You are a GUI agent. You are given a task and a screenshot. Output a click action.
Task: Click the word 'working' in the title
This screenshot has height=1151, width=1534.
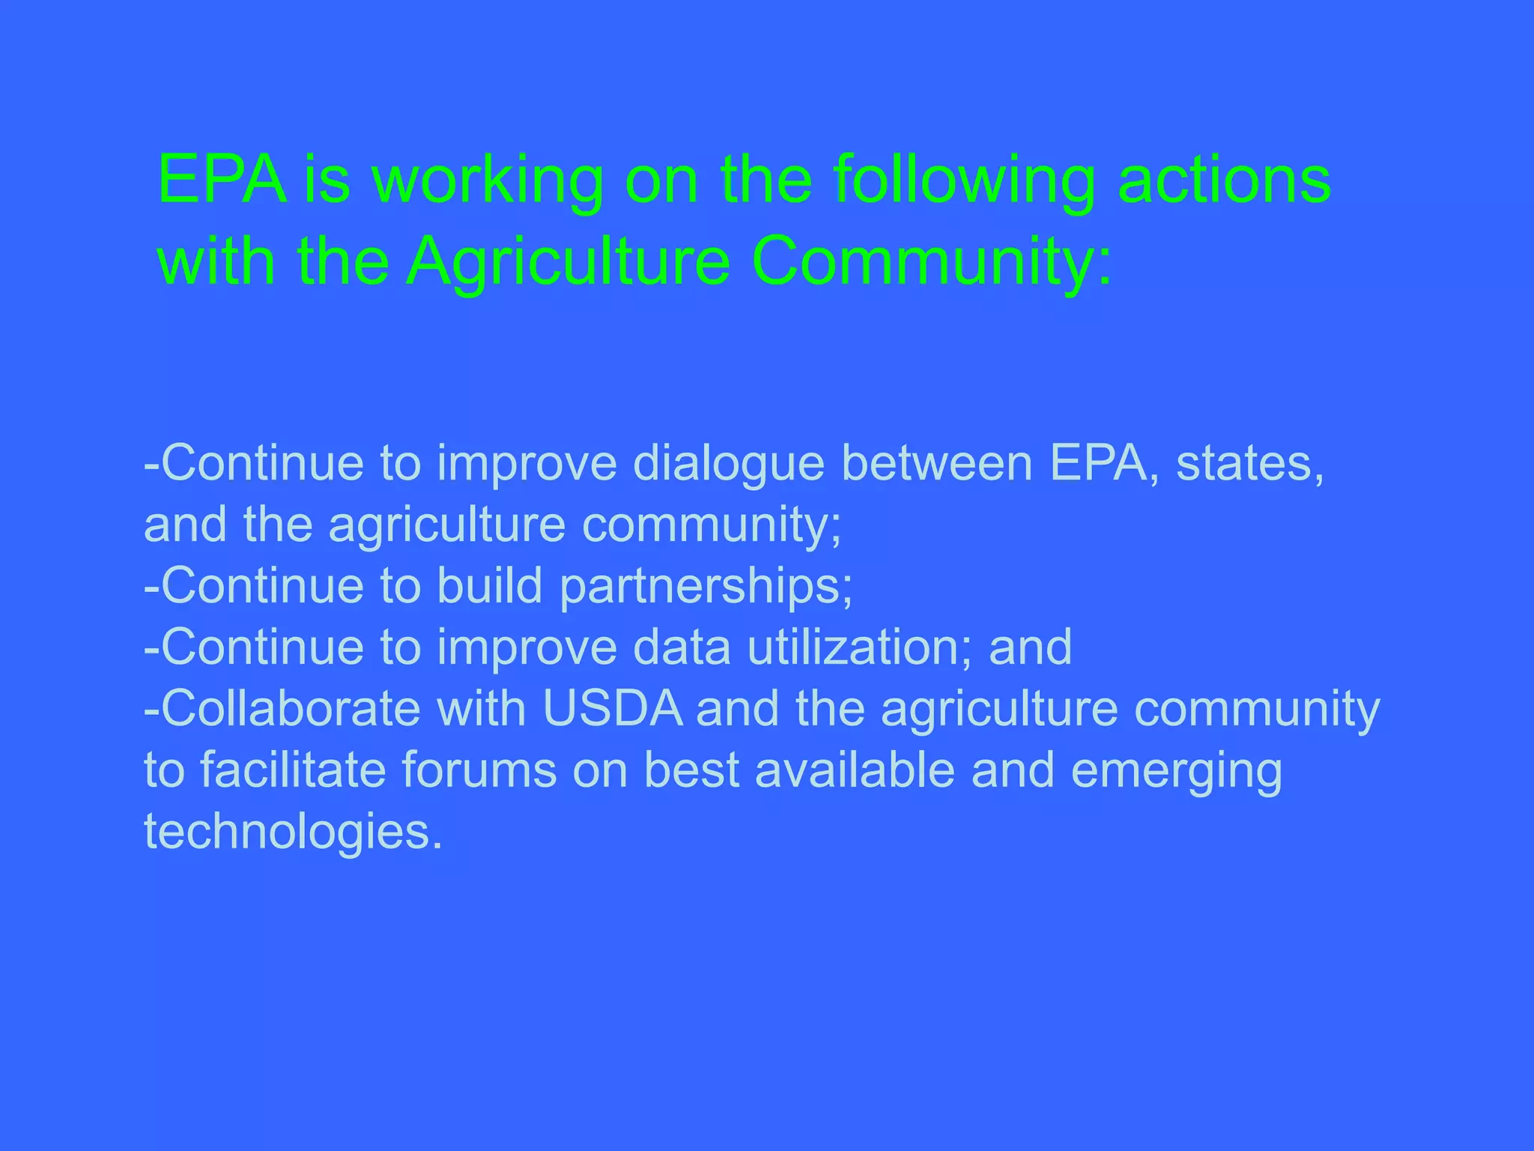[488, 181]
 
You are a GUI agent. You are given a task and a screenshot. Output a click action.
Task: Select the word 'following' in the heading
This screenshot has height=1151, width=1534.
[964, 181]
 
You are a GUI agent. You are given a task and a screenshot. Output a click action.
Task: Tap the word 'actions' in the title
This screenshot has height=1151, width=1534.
[1224, 181]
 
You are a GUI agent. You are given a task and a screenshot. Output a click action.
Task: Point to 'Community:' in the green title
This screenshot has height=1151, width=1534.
[932, 262]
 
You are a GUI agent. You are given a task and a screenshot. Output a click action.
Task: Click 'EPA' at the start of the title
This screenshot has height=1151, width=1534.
[222, 181]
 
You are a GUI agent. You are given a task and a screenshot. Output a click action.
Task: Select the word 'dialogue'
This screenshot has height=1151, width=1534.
[728, 464]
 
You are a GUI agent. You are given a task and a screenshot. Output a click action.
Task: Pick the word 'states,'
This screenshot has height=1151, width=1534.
[1250, 464]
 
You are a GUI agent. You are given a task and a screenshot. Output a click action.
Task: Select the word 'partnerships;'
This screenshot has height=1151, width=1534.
[706, 587]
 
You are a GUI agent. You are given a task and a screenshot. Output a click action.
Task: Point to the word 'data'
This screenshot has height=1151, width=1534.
[682, 647]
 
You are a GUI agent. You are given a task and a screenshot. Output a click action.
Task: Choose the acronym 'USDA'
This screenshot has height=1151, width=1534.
[613, 708]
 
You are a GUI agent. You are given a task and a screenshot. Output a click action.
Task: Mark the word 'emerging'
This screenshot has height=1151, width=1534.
[1176, 771]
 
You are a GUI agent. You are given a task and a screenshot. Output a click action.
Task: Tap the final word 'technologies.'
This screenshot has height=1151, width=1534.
[293, 832]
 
